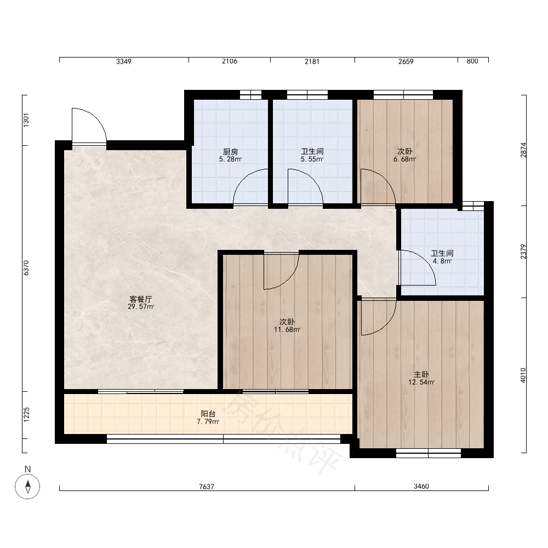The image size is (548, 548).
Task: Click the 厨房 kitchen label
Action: (231, 152)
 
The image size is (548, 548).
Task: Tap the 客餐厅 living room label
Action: (140, 300)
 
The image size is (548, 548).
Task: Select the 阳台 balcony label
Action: (208, 414)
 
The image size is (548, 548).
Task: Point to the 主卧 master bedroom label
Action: (421, 375)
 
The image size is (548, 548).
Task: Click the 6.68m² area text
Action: (405, 159)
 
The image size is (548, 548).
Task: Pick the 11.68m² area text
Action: (287, 329)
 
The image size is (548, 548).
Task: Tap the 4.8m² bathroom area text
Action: (442, 261)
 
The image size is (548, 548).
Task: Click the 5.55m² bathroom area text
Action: (312, 159)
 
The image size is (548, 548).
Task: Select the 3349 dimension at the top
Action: (124, 61)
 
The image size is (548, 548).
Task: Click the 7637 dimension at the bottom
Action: (207, 487)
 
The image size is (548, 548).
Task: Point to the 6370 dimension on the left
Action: (26, 268)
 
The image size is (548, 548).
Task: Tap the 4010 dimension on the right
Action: (523, 375)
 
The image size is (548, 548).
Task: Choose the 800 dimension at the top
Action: (472, 61)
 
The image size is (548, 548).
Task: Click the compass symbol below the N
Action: (27, 487)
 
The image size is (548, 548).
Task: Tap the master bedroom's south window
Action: (429, 453)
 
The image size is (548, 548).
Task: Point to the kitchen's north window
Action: (250, 95)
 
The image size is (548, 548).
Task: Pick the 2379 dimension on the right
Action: (523, 252)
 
